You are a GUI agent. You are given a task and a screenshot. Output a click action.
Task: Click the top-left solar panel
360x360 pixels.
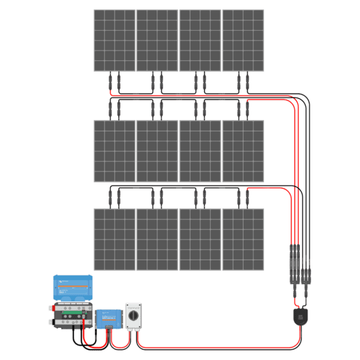(114, 40)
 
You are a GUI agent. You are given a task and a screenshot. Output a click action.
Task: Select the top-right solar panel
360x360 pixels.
(243, 40)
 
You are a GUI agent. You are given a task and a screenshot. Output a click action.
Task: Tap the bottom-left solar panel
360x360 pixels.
(114, 239)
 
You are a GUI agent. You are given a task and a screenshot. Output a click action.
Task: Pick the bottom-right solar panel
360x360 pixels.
(243, 239)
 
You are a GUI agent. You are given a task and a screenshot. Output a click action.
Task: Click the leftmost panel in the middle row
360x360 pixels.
(114, 151)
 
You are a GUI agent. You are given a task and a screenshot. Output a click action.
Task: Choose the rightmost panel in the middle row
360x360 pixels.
(243, 151)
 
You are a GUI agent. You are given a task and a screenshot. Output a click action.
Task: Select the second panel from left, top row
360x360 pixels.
(157, 40)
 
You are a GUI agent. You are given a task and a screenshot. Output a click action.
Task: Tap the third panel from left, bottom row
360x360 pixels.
(200, 239)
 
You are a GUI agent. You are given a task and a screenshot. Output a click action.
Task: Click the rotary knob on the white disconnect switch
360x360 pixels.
(134, 316)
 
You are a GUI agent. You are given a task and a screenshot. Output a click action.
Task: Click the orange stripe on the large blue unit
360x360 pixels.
(71, 286)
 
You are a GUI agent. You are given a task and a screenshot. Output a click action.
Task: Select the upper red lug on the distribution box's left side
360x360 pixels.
(50, 308)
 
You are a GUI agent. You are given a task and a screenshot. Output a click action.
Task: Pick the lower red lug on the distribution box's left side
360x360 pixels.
(50, 322)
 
